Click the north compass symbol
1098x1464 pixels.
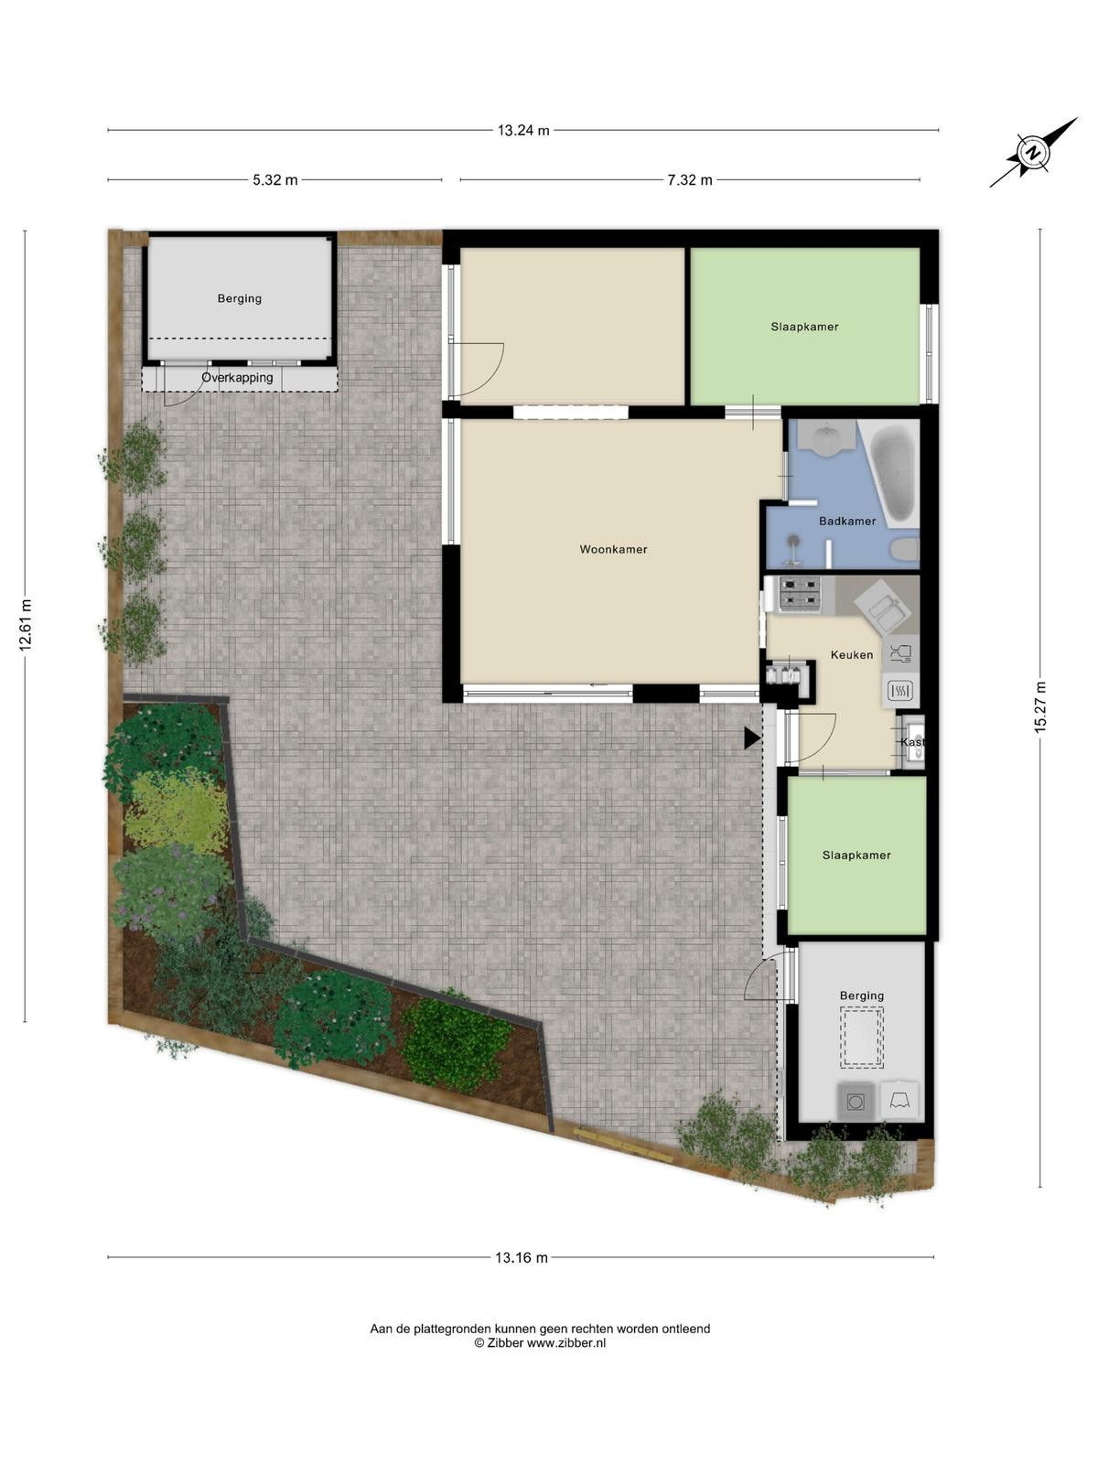(1033, 152)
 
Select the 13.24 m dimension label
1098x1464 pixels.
(523, 131)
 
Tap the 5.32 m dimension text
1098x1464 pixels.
(275, 180)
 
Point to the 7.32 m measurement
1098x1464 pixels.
(690, 180)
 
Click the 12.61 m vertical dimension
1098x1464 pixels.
(26, 625)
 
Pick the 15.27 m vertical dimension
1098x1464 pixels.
(1040, 707)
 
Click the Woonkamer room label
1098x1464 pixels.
(613, 550)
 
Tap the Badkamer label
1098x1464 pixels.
(847, 521)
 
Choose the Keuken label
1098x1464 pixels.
(851, 655)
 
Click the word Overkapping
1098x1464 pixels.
(237, 378)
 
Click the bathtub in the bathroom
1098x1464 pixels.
(892, 474)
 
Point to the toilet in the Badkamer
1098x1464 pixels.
(905, 550)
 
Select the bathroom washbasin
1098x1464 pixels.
(827, 437)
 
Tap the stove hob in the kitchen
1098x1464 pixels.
(800, 594)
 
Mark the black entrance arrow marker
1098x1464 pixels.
(752, 737)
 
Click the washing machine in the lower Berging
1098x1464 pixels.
(856, 1101)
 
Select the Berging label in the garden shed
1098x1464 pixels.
(240, 299)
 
